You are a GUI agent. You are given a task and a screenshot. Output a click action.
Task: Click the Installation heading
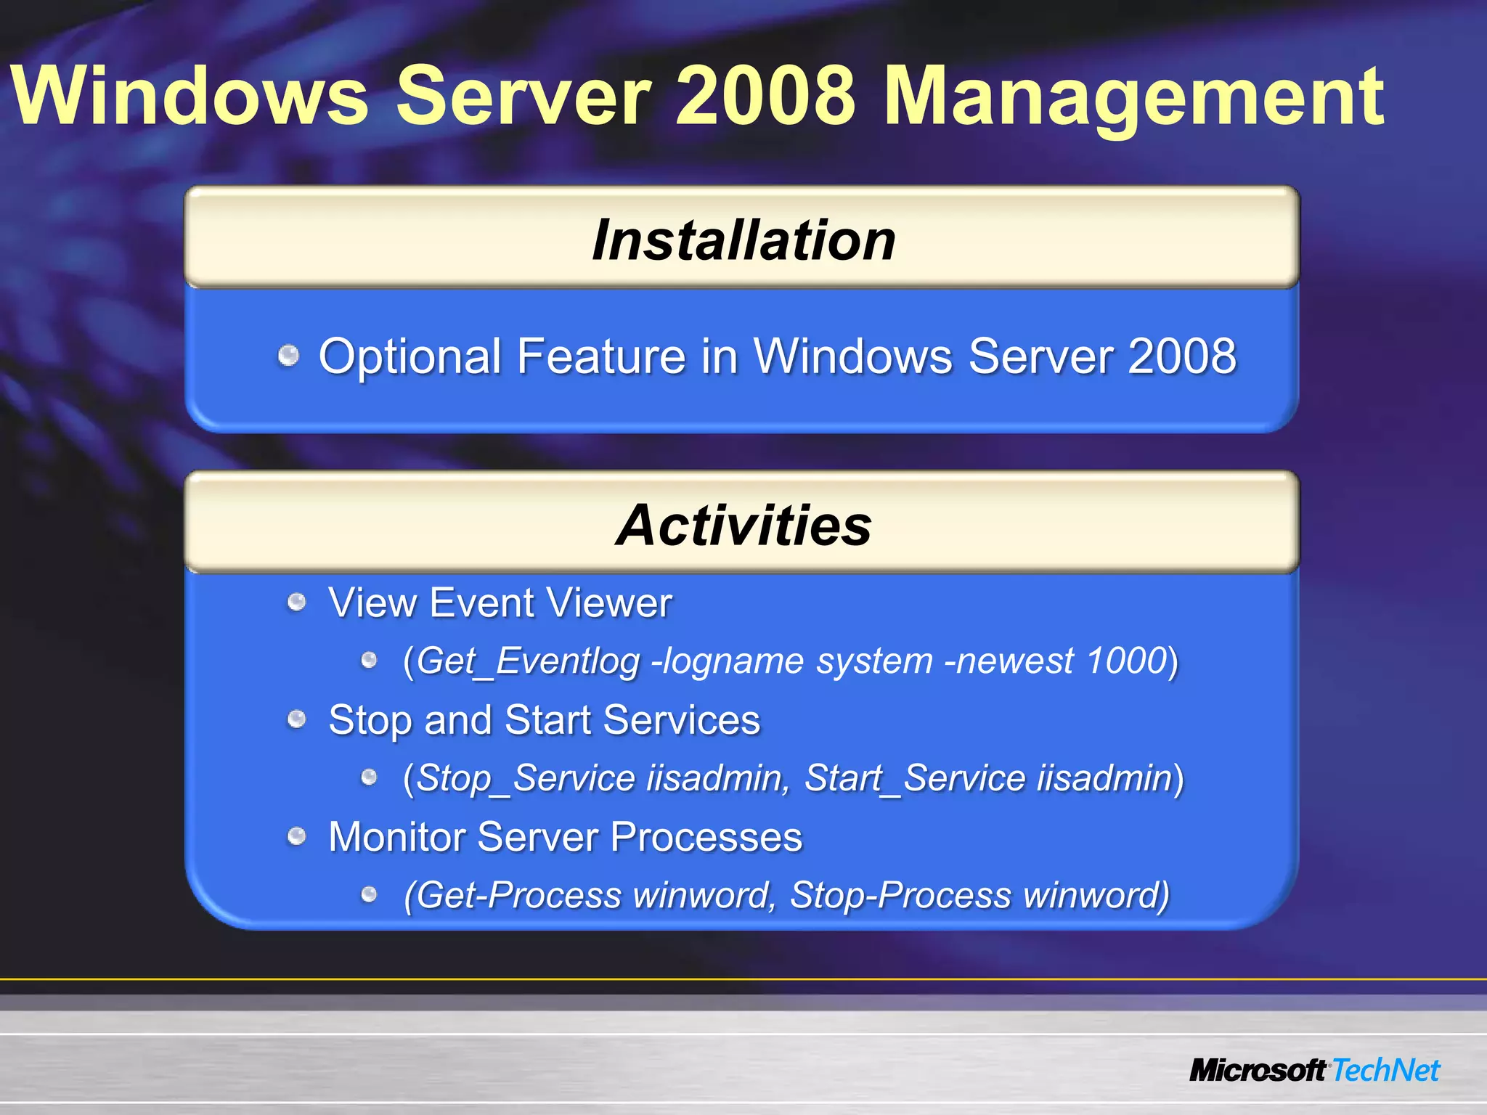click(x=743, y=240)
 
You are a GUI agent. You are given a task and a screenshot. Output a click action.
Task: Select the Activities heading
click(x=743, y=526)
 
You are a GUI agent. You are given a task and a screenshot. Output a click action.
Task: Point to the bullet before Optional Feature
click(x=289, y=356)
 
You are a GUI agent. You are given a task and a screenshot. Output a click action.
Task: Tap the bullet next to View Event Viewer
click(x=296, y=602)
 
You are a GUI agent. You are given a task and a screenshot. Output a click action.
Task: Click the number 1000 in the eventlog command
click(x=1126, y=661)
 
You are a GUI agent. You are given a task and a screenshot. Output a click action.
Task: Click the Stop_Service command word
click(x=526, y=779)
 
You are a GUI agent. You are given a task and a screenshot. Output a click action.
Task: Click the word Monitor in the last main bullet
click(x=396, y=838)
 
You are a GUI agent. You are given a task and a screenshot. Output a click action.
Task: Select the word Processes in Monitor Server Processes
click(x=706, y=838)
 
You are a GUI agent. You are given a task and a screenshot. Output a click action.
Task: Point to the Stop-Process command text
click(x=900, y=896)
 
